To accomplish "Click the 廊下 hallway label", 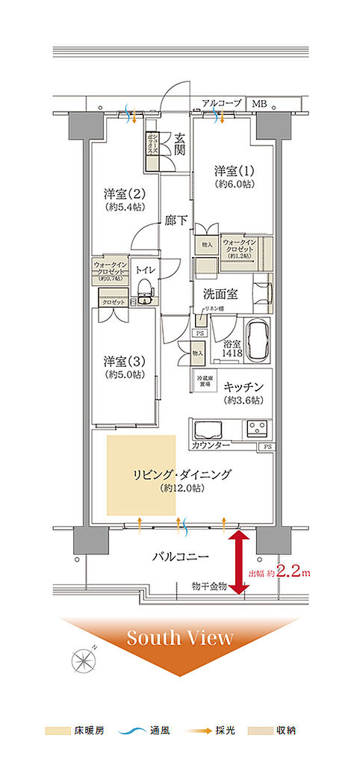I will [x=177, y=221].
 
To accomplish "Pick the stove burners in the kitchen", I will [x=258, y=429].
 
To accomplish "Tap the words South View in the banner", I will [x=179, y=637].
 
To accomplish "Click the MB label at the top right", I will [x=259, y=103].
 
